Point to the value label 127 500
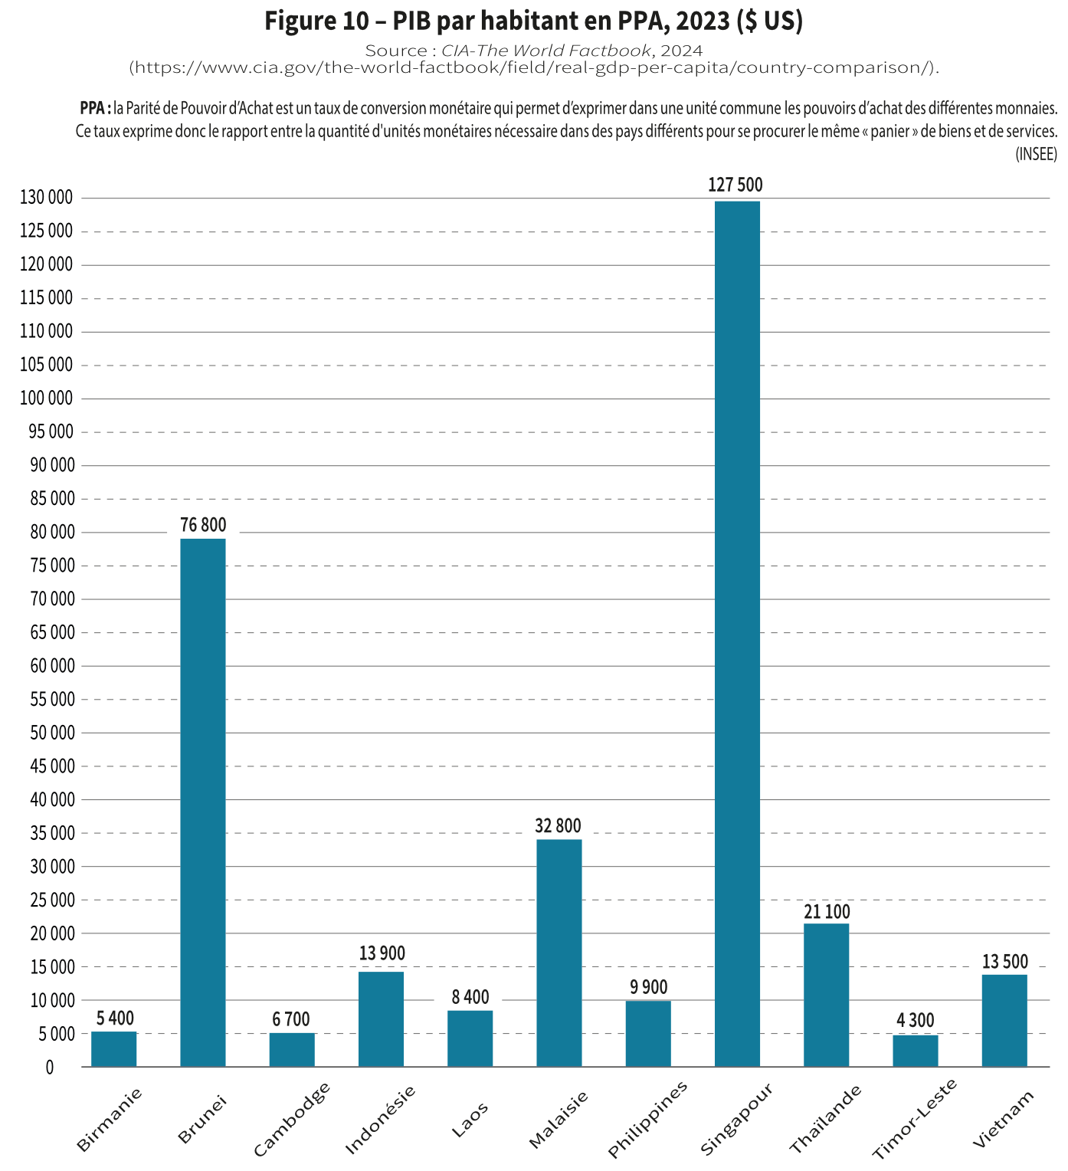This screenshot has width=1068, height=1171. [x=735, y=185]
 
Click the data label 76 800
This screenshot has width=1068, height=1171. [x=203, y=525]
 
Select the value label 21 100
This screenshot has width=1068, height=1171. [x=827, y=911]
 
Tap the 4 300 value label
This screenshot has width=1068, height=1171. [x=915, y=1020]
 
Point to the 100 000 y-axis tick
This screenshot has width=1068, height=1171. [x=47, y=398]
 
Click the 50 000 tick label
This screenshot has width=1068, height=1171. [x=53, y=732]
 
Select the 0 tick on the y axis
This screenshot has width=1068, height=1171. [x=50, y=1067]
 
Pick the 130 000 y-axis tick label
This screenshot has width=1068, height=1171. [x=47, y=197]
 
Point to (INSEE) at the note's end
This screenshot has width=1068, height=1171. [x=1036, y=154]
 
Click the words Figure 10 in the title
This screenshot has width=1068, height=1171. [x=317, y=21]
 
